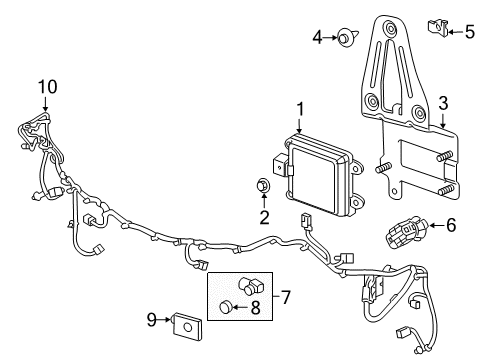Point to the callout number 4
318,38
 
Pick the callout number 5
471,32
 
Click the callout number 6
450,226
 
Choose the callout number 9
152,320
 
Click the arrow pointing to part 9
167,320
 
